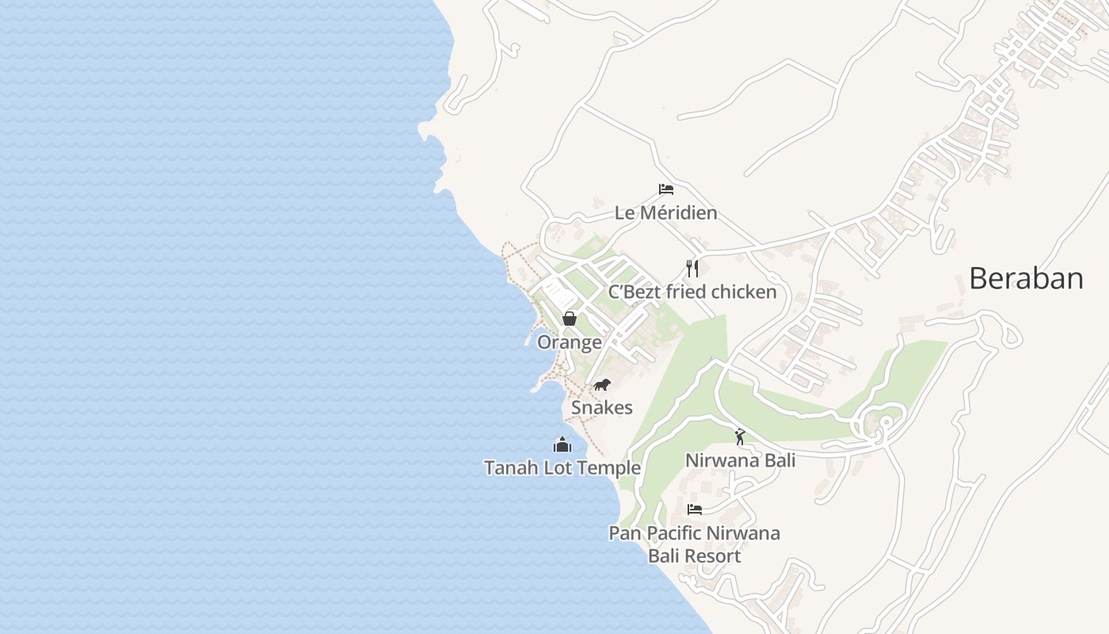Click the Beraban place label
[x=1026, y=278]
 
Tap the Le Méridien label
[x=666, y=213]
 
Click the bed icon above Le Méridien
[x=666, y=189]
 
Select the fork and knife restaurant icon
[x=692, y=268]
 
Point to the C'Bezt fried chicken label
[x=692, y=292]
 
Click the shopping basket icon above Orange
[x=569, y=319]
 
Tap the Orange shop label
[x=569, y=342]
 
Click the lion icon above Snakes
[x=602, y=385]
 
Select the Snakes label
[x=602, y=407]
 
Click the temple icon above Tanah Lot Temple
[x=562, y=445]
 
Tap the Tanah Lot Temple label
[x=562, y=468]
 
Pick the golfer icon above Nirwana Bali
[x=740, y=437]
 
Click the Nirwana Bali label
[x=740, y=460]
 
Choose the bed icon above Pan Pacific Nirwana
[x=695, y=510]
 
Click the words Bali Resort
[x=695, y=556]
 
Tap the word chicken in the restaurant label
[x=744, y=292]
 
